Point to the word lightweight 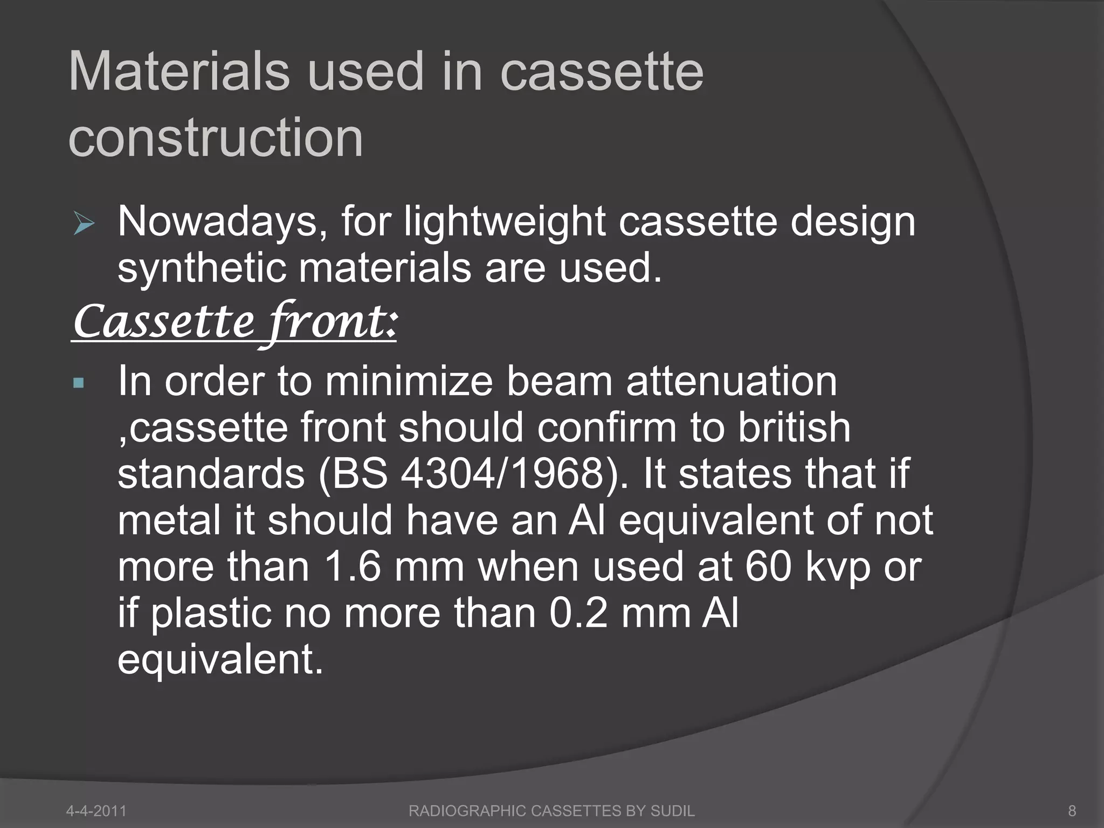pyautogui.click(x=505, y=222)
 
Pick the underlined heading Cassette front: pyautogui.click(x=234, y=322)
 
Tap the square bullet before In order pyautogui.click(x=79, y=383)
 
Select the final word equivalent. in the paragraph pyautogui.click(x=220, y=660)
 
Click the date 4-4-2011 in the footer pyautogui.click(x=96, y=810)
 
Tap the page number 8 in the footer pyautogui.click(x=1072, y=810)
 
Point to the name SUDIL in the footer pyautogui.click(x=672, y=810)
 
